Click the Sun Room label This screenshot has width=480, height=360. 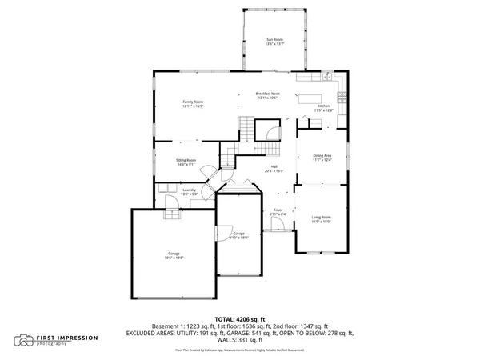point(274,41)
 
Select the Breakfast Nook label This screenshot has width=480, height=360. point(267,95)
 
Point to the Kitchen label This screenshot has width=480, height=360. point(323,107)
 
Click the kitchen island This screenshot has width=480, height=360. point(311,99)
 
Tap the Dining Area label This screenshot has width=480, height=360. point(322,158)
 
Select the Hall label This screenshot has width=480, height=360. point(274,169)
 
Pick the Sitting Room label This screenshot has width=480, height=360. point(187,162)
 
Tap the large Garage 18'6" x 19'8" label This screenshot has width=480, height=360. point(174,257)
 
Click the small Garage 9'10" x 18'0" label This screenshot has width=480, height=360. point(239,236)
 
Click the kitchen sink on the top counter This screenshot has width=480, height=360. point(327,77)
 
